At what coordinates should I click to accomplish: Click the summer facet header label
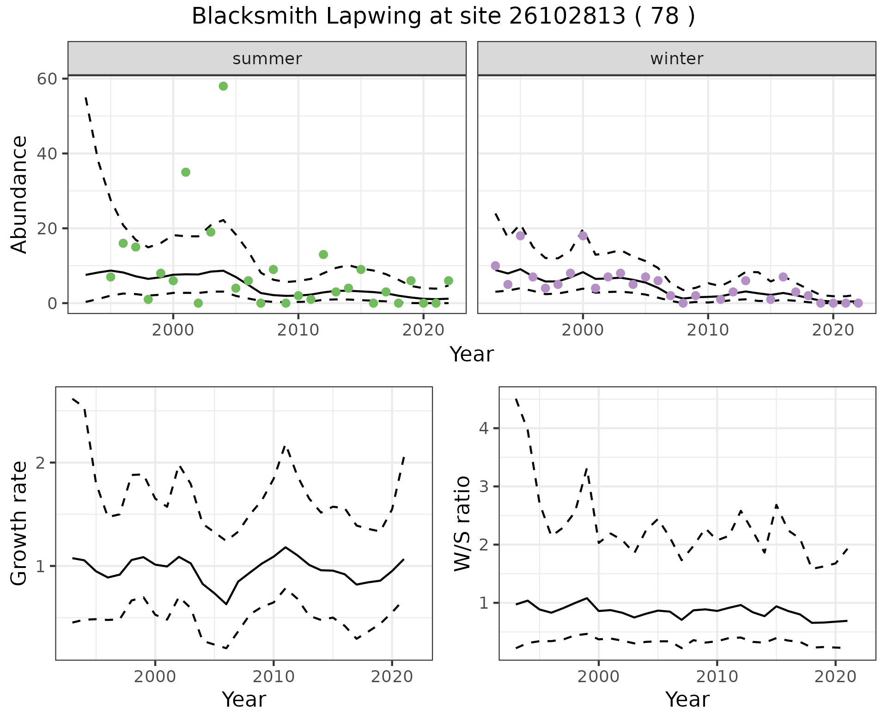point(267,59)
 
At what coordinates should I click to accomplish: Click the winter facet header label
point(676,59)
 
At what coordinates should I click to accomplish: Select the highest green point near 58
point(223,86)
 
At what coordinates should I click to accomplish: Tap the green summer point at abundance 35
point(186,172)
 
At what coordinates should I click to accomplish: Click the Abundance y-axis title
point(19,195)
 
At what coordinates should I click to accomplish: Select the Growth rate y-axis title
point(19,524)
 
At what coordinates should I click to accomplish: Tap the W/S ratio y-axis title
point(462,524)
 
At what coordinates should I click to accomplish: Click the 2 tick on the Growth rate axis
point(41,463)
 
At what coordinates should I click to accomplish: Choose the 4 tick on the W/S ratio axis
point(484,428)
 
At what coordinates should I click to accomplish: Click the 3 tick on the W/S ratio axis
point(484,487)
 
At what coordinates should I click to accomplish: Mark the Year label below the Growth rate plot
point(244,700)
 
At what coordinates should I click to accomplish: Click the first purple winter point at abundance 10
point(495,266)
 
